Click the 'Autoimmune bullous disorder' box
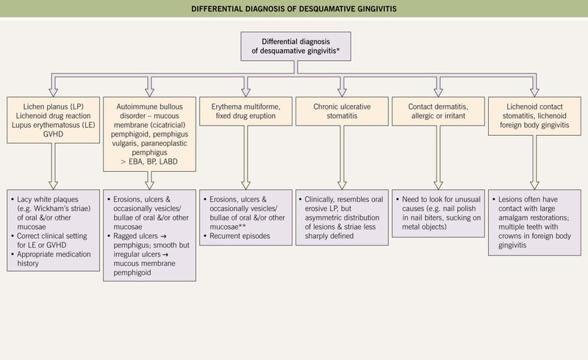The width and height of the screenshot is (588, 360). tap(148, 125)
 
